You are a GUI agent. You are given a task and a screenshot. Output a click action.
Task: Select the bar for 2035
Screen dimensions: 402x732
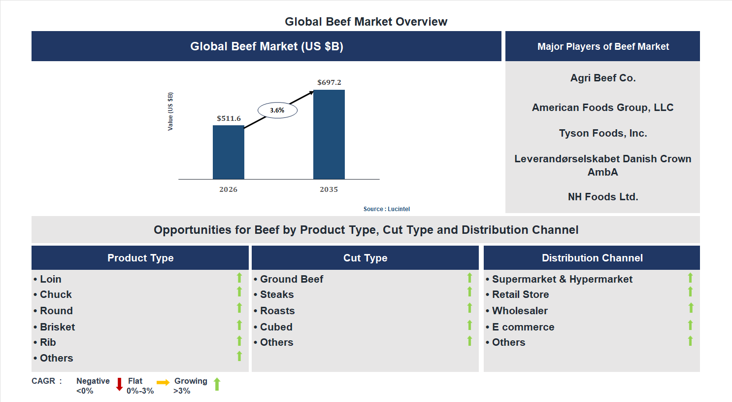(x=329, y=134)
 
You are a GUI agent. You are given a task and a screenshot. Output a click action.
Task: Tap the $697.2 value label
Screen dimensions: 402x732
(x=329, y=82)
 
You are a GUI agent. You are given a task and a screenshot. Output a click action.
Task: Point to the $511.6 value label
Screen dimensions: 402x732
(x=229, y=118)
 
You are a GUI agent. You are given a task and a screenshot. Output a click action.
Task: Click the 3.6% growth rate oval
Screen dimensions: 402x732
(x=277, y=110)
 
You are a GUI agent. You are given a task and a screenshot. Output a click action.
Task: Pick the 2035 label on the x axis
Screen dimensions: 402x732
(x=329, y=189)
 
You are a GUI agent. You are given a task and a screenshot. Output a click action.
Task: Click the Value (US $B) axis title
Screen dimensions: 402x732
(x=170, y=111)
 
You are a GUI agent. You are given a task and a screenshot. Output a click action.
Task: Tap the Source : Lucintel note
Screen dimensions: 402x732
(x=386, y=209)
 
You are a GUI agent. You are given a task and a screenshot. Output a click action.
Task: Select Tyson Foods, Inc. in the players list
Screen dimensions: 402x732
(x=602, y=133)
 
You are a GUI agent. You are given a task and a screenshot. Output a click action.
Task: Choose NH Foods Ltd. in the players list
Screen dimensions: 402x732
(x=602, y=197)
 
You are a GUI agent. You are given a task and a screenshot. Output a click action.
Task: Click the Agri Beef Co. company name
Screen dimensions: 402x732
(x=602, y=78)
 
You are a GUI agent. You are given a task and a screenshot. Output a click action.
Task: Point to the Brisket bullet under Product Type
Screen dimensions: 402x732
(x=57, y=327)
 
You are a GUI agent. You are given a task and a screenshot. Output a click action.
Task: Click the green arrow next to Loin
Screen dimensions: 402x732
(x=239, y=278)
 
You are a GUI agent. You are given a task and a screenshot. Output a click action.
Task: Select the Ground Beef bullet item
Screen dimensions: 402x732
(x=291, y=279)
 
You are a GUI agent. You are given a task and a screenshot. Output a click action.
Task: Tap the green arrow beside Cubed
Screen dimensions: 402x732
(x=469, y=325)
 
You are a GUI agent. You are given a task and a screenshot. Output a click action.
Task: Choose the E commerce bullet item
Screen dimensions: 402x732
(x=523, y=327)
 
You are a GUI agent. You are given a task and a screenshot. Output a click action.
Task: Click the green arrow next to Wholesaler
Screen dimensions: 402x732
(x=691, y=308)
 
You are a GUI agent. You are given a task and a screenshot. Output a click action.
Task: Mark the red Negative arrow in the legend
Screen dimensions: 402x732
(x=119, y=384)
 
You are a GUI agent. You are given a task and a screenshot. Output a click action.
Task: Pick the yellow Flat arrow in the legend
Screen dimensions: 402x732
(x=163, y=382)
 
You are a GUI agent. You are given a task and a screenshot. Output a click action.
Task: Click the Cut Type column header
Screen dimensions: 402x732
(x=365, y=258)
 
